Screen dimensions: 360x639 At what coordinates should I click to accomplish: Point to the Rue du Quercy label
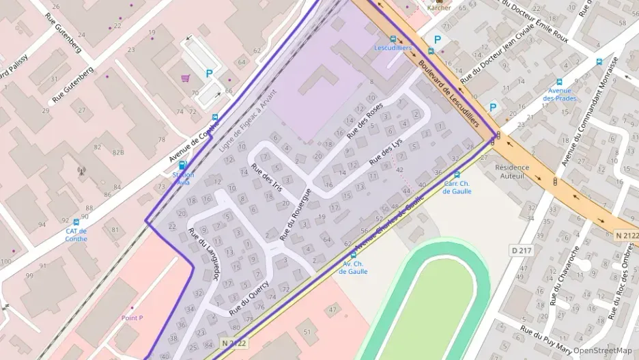(x=249, y=299)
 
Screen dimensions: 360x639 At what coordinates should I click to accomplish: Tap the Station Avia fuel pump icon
(x=182, y=165)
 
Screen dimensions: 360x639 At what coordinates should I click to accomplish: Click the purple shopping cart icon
(x=185, y=78)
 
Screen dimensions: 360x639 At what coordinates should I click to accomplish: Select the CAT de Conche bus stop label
(x=76, y=234)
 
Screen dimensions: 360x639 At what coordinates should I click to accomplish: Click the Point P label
(x=132, y=318)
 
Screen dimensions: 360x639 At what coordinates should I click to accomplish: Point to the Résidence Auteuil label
(x=511, y=171)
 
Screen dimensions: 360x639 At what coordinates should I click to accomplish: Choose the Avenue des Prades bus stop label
(x=559, y=94)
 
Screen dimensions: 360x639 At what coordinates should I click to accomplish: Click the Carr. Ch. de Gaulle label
(x=457, y=187)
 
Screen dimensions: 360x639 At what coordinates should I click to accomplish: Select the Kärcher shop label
(x=439, y=8)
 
